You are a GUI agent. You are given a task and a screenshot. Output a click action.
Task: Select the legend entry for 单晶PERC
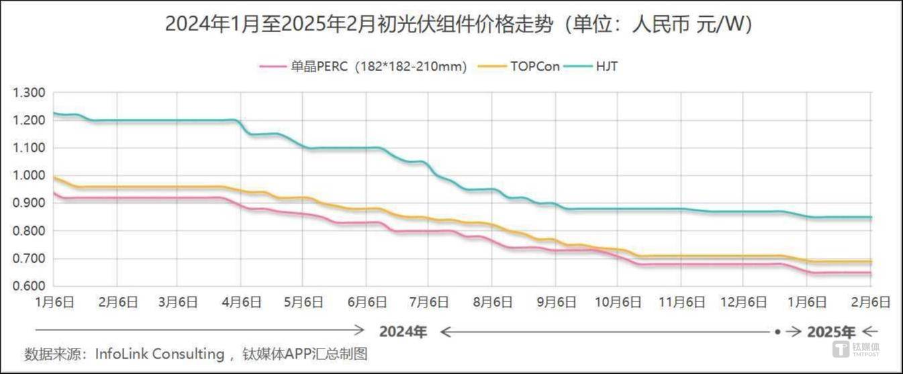click(x=363, y=66)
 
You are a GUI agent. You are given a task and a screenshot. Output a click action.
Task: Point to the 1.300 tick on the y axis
click(x=30, y=93)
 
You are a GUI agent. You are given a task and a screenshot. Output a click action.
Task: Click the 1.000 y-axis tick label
click(x=30, y=176)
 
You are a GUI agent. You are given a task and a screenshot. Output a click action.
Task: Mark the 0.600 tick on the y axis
click(x=30, y=286)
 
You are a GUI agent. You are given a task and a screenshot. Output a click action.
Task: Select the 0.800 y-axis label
click(x=30, y=231)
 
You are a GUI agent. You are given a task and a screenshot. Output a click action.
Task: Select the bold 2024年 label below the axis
click(x=402, y=332)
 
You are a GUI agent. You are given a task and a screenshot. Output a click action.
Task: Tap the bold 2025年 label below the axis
click(x=831, y=332)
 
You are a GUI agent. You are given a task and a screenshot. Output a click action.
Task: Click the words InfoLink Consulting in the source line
click(x=159, y=354)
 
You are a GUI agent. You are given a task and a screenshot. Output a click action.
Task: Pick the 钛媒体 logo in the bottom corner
click(x=856, y=349)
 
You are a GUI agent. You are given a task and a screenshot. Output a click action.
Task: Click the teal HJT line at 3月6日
click(x=178, y=121)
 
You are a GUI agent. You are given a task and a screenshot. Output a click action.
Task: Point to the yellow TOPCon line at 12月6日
click(x=744, y=256)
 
